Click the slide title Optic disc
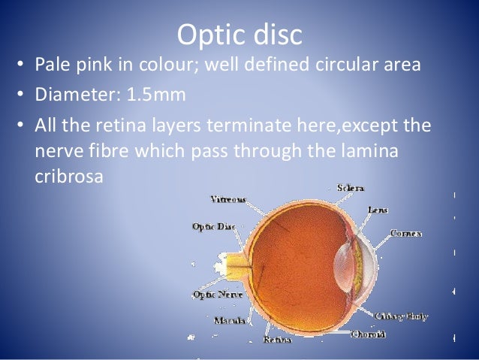click(239, 35)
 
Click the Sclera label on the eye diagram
click(351, 187)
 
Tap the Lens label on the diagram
click(378, 210)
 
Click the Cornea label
click(405, 234)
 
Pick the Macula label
click(229, 321)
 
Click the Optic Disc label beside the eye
click(213, 226)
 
